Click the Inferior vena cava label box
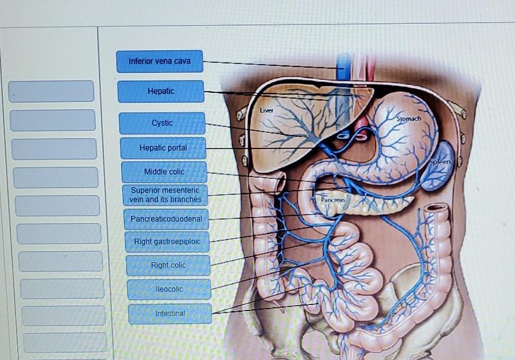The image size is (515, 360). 160,61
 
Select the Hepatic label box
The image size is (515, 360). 161,91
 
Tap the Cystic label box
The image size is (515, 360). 162,123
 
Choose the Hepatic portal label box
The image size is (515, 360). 163,148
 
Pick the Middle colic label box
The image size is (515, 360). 164,172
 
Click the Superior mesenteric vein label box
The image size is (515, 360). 165,195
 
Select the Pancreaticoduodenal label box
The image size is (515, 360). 166,218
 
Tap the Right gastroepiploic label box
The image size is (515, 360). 168,241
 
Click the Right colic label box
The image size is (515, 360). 168,265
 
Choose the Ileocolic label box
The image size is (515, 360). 169,288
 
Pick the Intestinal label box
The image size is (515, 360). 170,313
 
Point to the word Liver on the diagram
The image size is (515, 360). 266,111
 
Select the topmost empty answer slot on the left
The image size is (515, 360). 51,91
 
